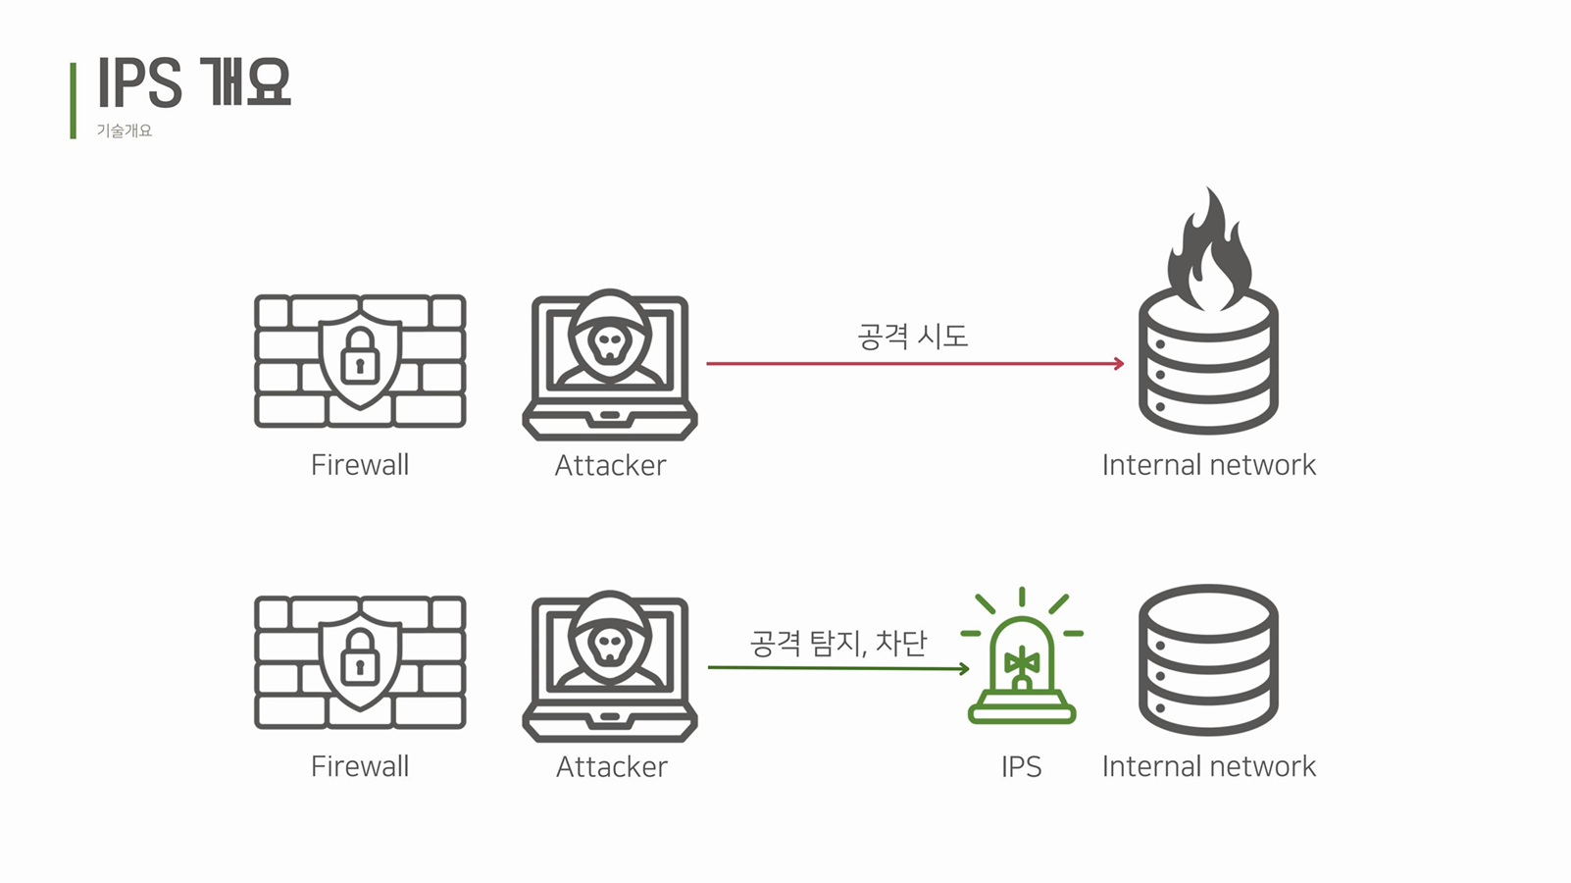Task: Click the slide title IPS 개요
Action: [x=193, y=82]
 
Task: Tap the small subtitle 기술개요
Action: [x=124, y=131]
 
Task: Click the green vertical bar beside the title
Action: [x=73, y=100]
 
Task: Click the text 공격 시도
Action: [x=912, y=337]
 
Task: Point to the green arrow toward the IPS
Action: [x=838, y=668]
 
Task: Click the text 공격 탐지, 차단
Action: [x=838, y=643]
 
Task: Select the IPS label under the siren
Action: [x=1021, y=766]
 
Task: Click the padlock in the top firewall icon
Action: [x=360, y=357]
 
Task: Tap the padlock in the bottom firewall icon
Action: [x=360, y=658]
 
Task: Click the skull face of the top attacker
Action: [x=610, y=343]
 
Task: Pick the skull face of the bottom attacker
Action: [x=610, y=645]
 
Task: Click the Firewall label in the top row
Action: [x=360, y=465]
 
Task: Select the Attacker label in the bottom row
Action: [x=611, y=766]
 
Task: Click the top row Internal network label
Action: [x=1208, y=465]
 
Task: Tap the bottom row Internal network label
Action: [x=1208, y=766]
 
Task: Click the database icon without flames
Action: [x=1208, y=659]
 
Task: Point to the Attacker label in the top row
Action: [x=610, y=465]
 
